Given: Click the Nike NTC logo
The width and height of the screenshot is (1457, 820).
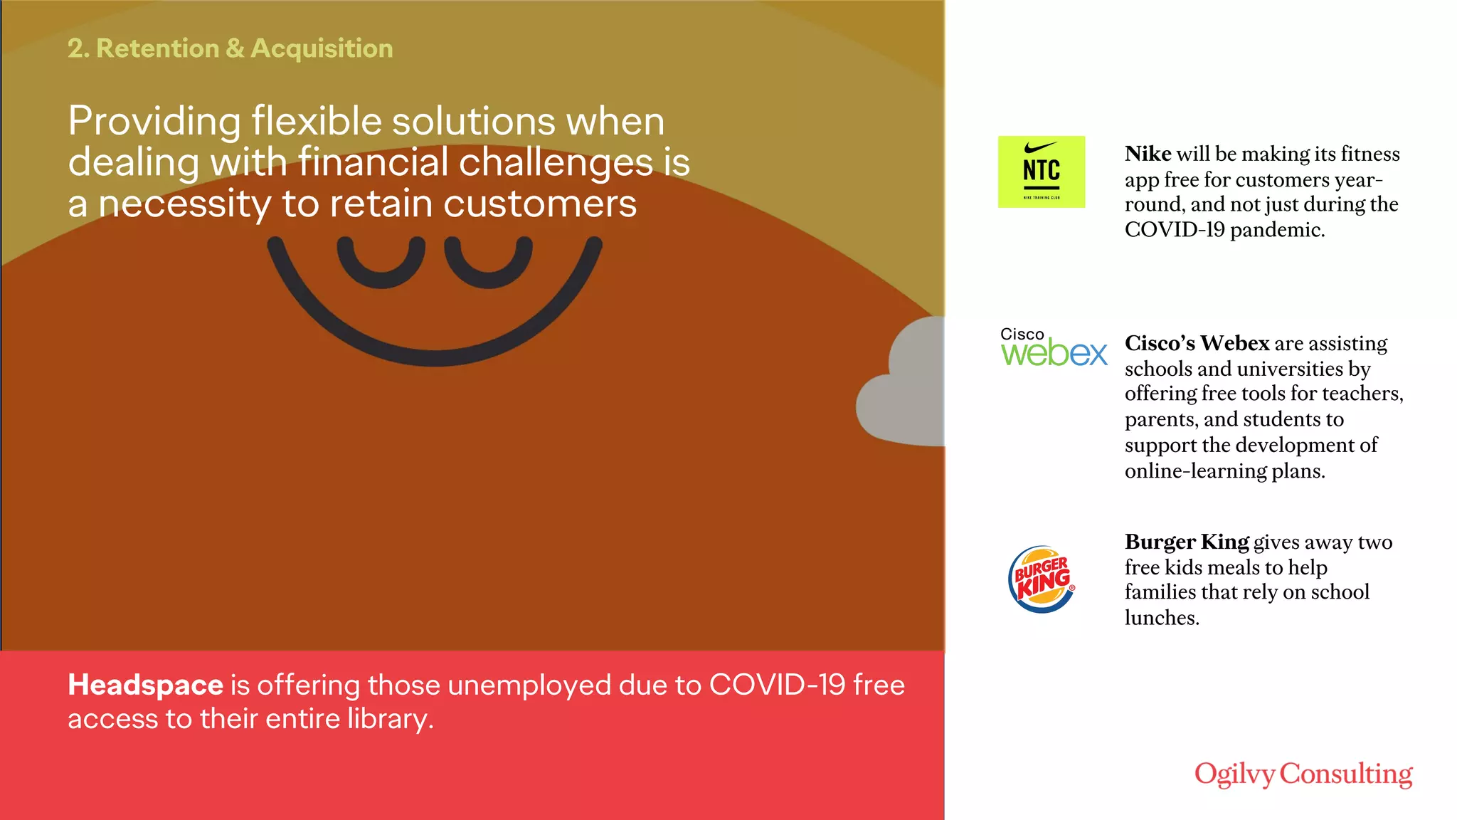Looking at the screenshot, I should point(1041,172).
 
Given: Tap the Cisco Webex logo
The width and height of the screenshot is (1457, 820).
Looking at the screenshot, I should point(1054,347).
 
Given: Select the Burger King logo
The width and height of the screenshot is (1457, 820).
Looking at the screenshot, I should point(1042,579).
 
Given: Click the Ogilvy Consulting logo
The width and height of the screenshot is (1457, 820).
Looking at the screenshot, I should point(1303,774).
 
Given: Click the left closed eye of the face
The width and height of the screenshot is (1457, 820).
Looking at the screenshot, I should point(381,263).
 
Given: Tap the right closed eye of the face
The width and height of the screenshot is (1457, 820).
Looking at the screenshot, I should point(488,263).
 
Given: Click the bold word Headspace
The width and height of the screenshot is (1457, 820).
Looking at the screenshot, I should point(145,685).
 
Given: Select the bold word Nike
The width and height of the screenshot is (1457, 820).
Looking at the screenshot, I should point(1148,154).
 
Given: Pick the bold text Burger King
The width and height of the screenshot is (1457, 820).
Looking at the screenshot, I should point(1187,542).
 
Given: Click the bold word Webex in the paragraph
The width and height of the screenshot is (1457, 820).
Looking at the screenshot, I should point(1234,343).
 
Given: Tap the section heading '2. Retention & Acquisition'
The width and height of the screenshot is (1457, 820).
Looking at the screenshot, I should point(230,48).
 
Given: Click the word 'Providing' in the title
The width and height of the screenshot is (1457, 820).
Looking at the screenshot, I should point(154,121).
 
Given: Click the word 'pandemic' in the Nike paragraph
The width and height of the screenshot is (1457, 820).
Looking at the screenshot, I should point(1276,230).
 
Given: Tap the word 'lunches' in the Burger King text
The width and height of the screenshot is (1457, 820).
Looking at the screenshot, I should point(1161,618).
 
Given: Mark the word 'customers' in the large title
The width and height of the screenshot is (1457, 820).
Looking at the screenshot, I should point(540,204).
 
